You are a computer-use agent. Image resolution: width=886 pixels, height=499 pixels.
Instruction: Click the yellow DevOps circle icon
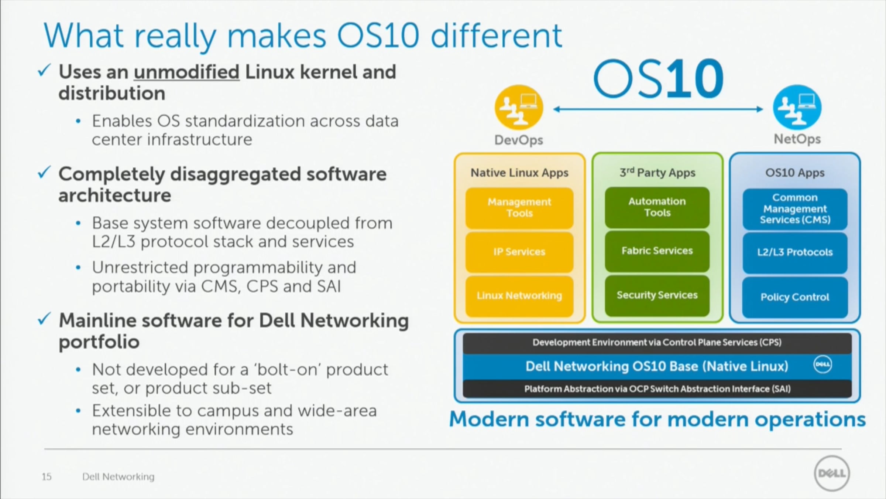point(519,108)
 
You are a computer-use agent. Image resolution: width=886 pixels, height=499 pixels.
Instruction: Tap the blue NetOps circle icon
point(797,108)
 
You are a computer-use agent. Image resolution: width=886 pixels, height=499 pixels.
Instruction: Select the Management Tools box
point(519,208)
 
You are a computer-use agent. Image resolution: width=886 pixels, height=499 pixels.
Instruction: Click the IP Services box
point(519,252)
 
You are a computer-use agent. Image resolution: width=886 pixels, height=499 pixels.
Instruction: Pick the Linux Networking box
point(519,296)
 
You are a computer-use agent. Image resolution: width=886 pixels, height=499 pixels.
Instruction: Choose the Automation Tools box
point(657,207)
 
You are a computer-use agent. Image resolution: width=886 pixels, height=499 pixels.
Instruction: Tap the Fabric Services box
point(657,251)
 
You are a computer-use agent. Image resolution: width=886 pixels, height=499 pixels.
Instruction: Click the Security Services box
point(657,295)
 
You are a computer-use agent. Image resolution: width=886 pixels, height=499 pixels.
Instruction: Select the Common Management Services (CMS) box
point(795,209)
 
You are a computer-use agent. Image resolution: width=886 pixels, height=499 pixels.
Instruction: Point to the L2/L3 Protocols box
point(795,253)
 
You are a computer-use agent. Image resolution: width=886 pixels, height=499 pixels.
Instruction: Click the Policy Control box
point(795,297)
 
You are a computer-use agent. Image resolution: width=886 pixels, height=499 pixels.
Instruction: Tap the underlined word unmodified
point(187,72)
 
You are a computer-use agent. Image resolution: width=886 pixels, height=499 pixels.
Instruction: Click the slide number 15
point(47,477)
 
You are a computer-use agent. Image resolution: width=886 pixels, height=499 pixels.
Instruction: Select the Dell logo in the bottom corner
point(832,473)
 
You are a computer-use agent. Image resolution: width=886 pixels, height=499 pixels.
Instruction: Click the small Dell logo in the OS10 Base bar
point(823,364)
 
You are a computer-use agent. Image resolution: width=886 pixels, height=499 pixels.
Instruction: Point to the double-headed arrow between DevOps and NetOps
point(658,109)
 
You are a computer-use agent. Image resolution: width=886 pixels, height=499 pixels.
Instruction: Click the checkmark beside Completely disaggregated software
point(44,172)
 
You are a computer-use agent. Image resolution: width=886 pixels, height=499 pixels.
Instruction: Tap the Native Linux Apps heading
point(519,173)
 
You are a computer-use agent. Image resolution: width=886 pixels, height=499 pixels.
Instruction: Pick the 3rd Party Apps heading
point(657,172)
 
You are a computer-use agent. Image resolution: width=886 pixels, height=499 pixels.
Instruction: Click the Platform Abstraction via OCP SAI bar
point(657,389)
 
